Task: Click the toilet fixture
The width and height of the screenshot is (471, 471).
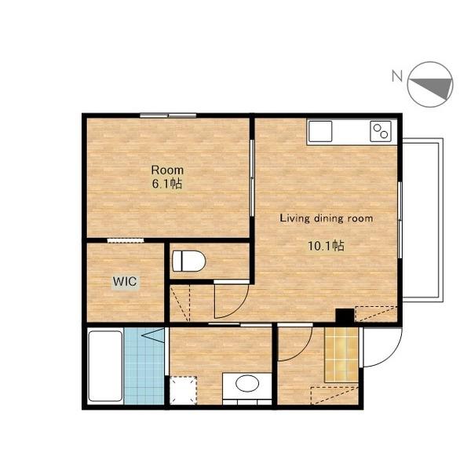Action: (x=189, y=261)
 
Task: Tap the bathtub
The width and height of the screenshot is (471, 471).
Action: (x=105, y=366)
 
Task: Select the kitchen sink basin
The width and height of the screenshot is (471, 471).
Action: (x=320, y=131)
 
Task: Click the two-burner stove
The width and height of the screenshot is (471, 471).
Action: (x=381, y=131)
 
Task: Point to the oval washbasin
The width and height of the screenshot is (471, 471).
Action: (x=247, y=384)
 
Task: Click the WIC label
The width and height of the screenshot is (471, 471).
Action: (x=125, y=282)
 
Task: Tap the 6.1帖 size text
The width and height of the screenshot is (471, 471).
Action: (x=167, y=183)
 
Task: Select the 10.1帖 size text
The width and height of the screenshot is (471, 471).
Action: (x=327, y=246)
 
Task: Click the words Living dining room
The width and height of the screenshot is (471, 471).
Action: (x=327, y=218)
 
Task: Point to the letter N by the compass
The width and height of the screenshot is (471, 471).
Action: (x=396, y=75)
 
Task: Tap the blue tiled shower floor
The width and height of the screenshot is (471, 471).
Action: (x=144, y=366)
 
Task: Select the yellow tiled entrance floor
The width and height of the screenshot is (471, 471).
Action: (x=341, y=355)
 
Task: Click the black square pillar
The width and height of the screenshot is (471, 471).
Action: (x=345, y=316)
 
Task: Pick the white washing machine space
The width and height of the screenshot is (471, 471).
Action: (x=183, y=390)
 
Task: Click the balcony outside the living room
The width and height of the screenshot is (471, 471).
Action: (x=422, y=220)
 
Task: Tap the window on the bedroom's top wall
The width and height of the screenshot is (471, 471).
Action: (x=168, y=115)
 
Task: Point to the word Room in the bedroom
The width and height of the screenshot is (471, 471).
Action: (x=167, y=170)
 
